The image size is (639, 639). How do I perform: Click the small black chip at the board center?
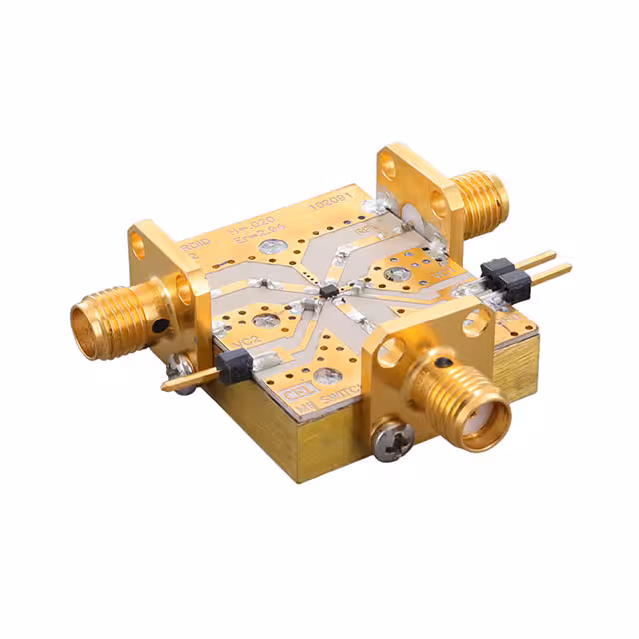[x=328, y=291]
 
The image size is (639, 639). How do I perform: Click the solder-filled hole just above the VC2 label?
[x=266, y=321]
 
